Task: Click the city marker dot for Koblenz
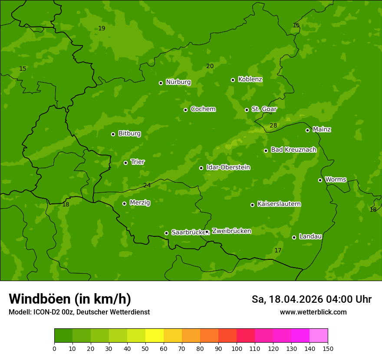point(233,80)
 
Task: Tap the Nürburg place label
point(178,82)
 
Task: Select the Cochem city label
point(203,109)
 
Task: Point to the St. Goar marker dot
point(247,110)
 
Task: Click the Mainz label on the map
point(322,129)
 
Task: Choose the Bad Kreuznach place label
point(293,150)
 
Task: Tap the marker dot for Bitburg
point(113,134)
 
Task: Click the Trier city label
point(138,162)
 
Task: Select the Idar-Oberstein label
point(228,167)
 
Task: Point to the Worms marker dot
point(320,180)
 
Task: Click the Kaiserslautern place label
point(279,204)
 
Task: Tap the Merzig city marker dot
point(124,203)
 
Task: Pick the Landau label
point(310,236)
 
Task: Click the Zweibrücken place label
point(231,231)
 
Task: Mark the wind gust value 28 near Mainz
point(273,126)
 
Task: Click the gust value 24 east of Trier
point(147,186)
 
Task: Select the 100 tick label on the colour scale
point(237,348)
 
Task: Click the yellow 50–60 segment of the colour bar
point(155,336)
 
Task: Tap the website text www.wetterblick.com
point(313,312)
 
